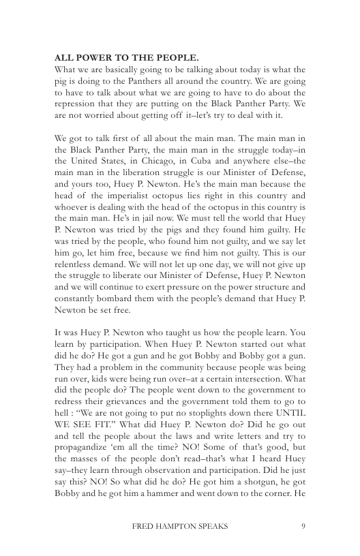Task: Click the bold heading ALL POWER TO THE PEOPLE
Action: [117, 57]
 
